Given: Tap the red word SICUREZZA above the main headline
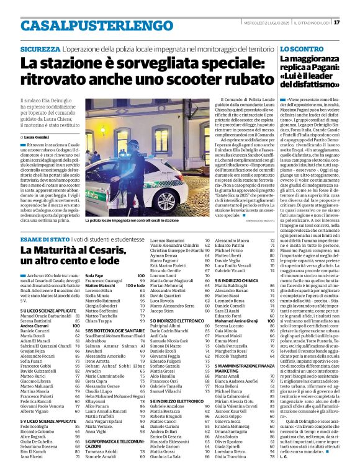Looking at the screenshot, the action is coord(40,48).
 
